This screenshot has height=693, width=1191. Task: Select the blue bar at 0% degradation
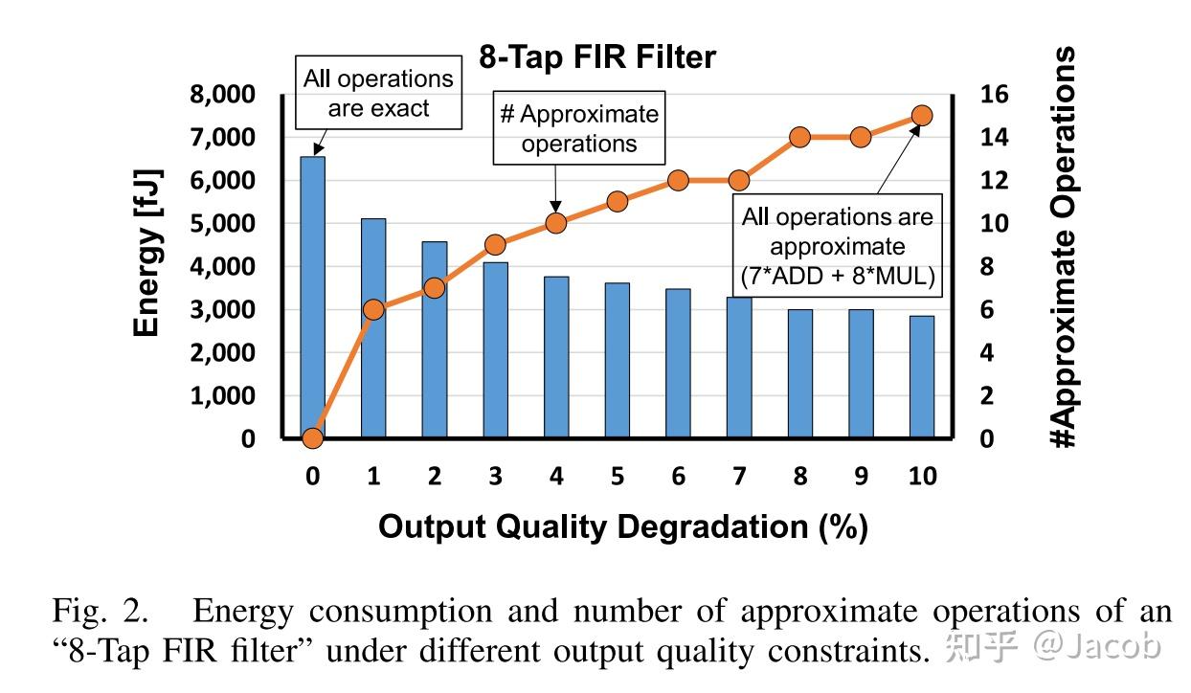coord(312,297)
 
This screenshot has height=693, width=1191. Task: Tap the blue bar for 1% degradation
coord(373,328)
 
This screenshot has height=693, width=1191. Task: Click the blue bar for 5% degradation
coord(618,360)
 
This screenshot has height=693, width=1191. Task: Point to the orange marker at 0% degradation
coord(312,438)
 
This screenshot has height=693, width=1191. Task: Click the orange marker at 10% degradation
coord(922,116)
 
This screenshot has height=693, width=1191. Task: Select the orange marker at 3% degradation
coord(495,245)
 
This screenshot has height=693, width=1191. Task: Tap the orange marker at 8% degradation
coord(800,137)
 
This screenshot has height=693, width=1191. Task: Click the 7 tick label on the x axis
coord(739,477)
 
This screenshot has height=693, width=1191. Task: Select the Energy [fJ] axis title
coord(146,254)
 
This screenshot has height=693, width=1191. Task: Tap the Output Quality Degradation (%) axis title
coord(622,526)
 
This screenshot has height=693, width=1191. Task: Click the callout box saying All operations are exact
coord(378,93)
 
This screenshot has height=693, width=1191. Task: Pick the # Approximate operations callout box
coord(579,128)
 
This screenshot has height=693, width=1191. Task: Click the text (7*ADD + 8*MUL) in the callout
coord(837,277)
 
